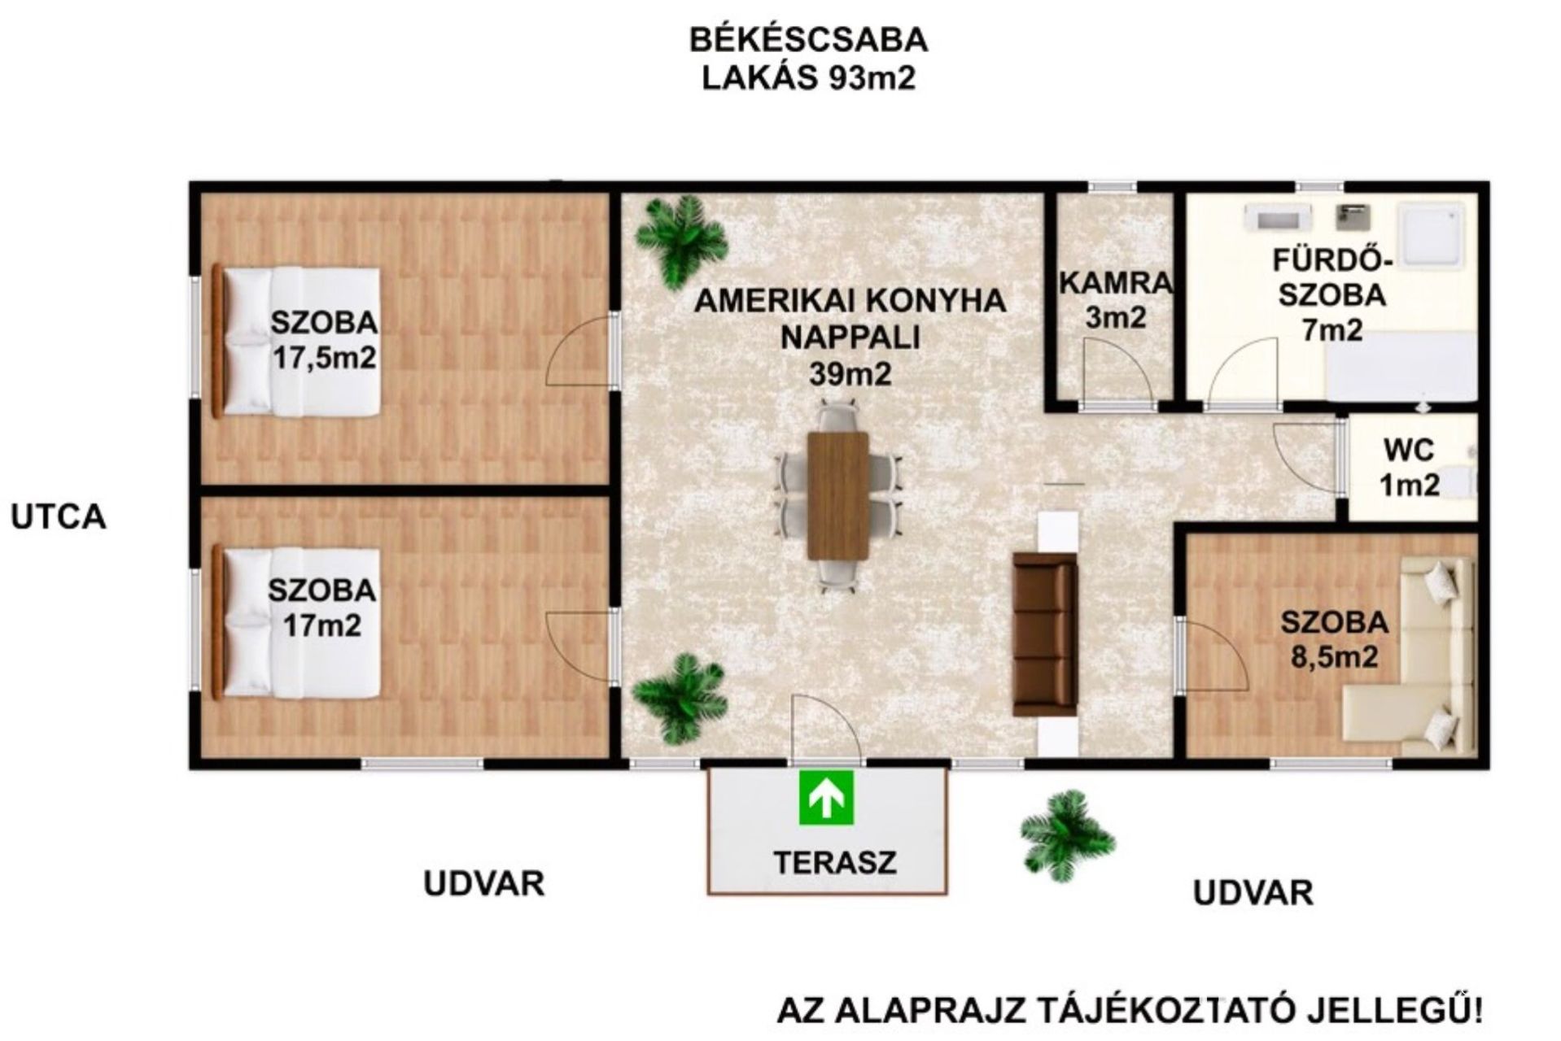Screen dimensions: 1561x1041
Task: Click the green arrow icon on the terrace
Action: pyautogui.click(x=826, y=798)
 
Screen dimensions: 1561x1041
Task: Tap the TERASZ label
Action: pyautogui.click(x=834, y=862)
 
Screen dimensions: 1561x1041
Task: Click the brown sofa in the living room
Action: pyautogui.click(x=1044, y=634)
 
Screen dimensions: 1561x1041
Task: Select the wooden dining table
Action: pyautogui.click(x=838, y=496)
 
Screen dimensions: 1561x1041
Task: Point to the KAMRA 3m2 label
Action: pyautogui.click(x=1116, y=299)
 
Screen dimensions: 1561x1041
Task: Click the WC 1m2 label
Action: pyautogui.click(x=1410, y=468)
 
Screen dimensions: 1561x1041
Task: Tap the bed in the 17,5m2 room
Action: pyautogui.click(x=297, y=342)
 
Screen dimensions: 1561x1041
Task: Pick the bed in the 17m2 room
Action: pyautogui.click(x=297, y=623)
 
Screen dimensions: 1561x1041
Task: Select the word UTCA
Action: pyautogui.click(x=59, y=517)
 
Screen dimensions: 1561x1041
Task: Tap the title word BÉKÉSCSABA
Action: pyautogui.click(x=809, y=40)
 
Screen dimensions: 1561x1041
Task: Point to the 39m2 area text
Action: pyautogui.click(x=850, y=374)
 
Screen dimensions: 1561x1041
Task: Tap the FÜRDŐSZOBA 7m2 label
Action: pyautogui.click(x=1332, y=295)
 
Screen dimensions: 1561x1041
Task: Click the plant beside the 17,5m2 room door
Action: pyautogui.click(x=681, y=242)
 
